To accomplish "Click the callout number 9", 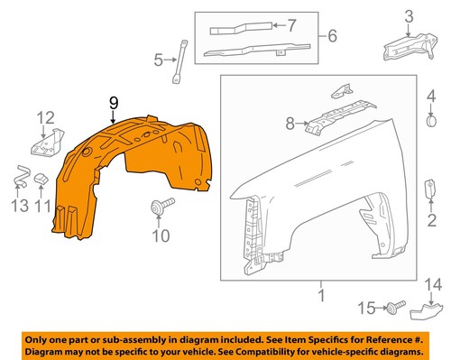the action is [114, 106].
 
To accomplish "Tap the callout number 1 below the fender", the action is [319, 294].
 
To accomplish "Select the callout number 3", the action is [407, 15].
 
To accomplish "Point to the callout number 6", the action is [333, 37].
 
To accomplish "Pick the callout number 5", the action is [158, 61].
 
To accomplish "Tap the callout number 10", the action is [160, 236].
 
